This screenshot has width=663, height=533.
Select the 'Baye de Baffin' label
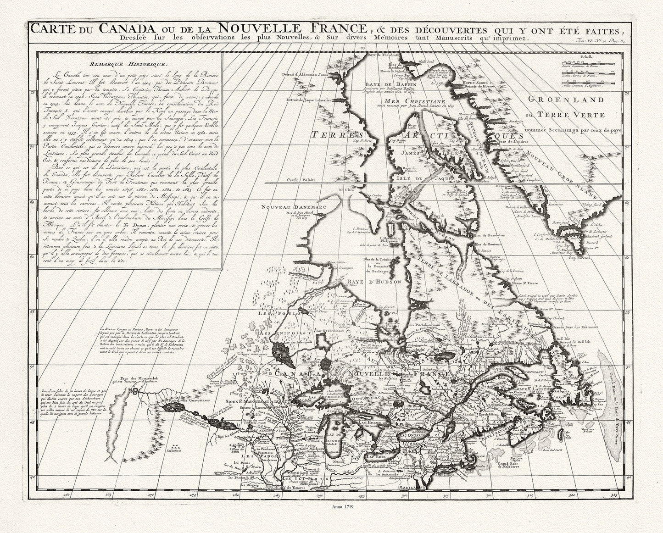(x=398, y=84)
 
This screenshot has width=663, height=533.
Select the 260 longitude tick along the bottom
(x=67, y=494)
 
